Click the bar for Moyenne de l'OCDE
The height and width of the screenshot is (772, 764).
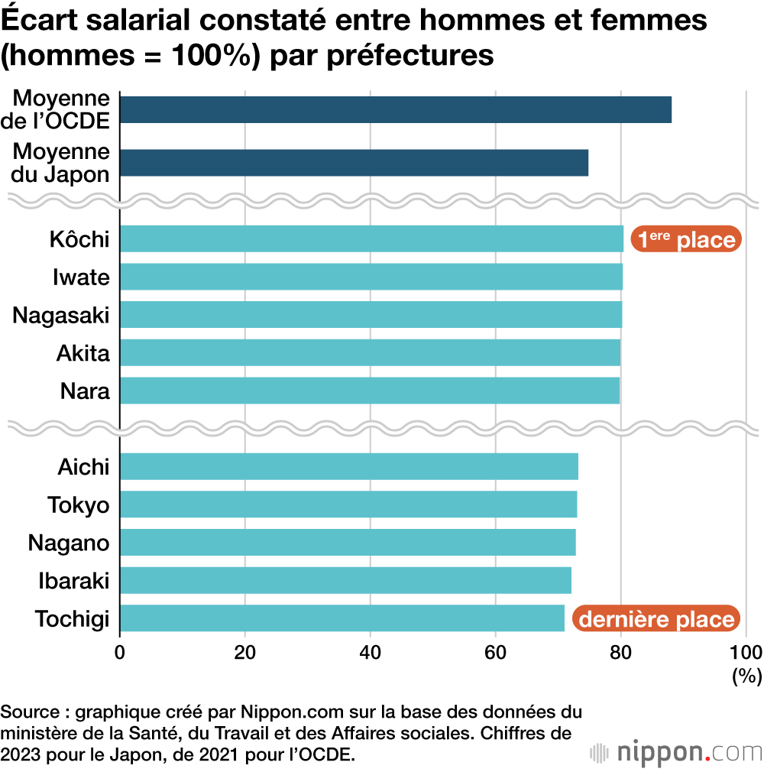tap(396, 110)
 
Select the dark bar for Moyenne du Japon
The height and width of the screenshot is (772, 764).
tap(354, 163)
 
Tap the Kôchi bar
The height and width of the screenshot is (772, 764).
tap(371, 239)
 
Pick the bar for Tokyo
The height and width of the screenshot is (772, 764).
tap(348, 505)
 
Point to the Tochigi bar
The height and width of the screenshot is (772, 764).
tap(342, 618)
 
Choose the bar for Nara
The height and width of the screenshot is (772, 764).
tap(369, 391)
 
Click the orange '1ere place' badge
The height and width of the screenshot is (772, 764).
tap(685, 239)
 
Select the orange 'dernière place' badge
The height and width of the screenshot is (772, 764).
tap(656, 618)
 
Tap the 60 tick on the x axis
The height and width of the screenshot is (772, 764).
tap(496, 652)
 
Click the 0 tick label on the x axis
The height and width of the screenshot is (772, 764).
tap(120, 652)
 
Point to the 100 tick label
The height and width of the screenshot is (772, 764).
tap(746, 652)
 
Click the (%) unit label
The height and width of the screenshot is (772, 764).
tap(746, 675)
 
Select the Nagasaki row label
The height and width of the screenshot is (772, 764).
tap(61, 315)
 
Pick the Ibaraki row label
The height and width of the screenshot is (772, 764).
tap(74, 581)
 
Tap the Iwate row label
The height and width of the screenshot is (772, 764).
tap(81, 277)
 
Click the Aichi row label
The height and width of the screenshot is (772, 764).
tap(84, 467)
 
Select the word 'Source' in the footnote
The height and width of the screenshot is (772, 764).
tap(31, 712)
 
